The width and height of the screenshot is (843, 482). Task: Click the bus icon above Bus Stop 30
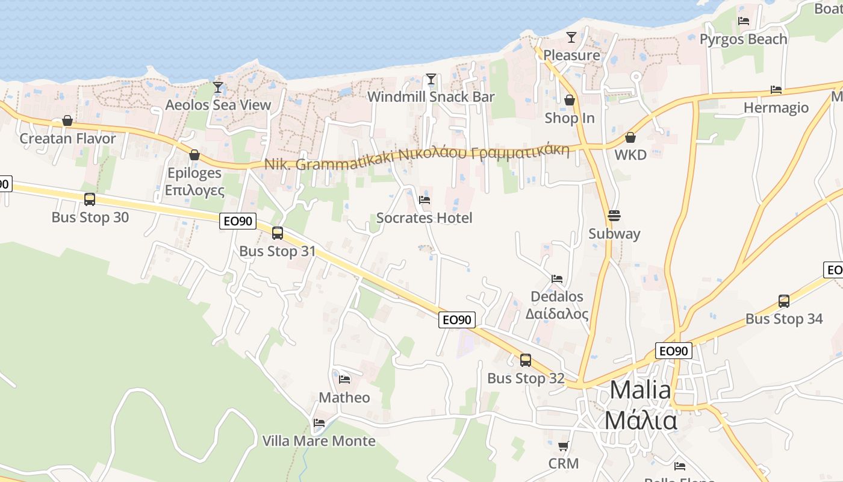click(x=90, y=199)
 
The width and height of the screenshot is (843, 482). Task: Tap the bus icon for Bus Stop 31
click(x=278, y=233)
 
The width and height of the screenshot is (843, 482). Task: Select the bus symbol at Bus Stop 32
click(x=526, y=360)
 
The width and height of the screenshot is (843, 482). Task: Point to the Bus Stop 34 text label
click(x=783, y=319)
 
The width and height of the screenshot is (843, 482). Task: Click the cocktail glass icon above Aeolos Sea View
click(x=218, y=87)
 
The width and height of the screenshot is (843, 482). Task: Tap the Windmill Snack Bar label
click(x=431, y=97)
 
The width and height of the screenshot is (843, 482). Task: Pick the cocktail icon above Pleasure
click(x=571, y=37)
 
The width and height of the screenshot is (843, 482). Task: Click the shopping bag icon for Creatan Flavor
click(x=67, y=121)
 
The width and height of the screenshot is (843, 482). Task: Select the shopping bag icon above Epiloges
click(x=194, y=155)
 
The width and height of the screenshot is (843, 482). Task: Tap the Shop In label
click(x=569, y=118)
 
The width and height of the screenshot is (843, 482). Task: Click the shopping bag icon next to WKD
click(x=630, y=138)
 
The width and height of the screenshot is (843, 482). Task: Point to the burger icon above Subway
click(x=614, y=216)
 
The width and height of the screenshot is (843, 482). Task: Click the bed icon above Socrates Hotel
click(x=425, y=200)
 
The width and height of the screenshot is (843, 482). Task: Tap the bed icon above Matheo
click(x=344, y=380)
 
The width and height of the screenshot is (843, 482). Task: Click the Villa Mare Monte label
click(x=319, y=441)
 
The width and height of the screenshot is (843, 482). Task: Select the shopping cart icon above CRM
click(x=563, y=446)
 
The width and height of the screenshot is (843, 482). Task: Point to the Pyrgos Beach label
click(x=743, y=39)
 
